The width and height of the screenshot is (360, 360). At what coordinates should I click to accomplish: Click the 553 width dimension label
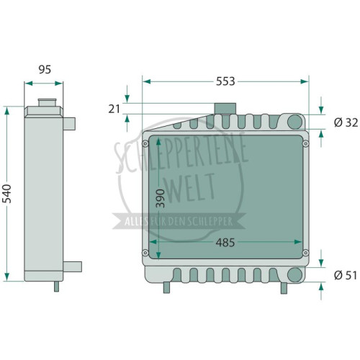click(x=225, y=81)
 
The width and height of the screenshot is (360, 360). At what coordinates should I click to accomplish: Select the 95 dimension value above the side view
click(x=45, y=69)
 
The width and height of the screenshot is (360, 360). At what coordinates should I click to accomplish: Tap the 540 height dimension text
click(x=7, y=194)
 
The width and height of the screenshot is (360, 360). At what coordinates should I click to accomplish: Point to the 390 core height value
click(x=161, y=198)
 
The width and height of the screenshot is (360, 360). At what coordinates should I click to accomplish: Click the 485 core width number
click(x=225, y=243)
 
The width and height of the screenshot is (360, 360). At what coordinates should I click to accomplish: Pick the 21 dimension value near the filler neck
click(x=114, y=109)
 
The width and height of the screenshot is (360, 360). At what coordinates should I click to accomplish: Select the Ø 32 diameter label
click(x=346, y=123)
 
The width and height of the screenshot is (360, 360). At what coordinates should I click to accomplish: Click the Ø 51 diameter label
click(x=346, y=275)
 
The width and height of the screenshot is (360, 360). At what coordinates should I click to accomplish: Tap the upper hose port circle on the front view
click(x=294, y=122)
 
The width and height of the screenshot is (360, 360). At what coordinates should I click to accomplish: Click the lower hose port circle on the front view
click(x=294, y=275)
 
